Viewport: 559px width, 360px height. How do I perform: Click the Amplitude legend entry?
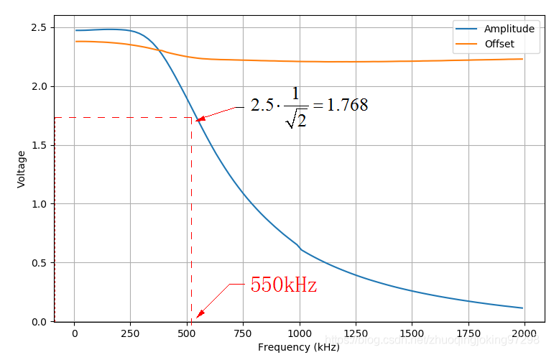509,29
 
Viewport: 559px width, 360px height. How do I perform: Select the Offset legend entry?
499,45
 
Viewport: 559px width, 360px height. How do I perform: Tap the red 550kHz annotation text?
283,285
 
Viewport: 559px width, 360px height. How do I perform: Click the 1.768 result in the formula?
347,105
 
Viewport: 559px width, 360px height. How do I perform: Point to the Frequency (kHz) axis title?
298,348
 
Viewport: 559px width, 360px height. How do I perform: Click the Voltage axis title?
21,169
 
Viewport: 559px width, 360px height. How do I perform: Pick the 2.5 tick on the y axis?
38,27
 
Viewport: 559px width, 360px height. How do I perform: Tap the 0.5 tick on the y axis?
38,263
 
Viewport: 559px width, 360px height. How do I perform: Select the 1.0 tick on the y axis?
38,204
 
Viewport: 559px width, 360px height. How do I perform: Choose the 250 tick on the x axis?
130,333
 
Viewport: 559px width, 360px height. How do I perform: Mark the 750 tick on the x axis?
243,333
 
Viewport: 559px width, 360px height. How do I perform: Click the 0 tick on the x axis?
74,333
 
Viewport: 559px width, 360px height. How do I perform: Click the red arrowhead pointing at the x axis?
200,314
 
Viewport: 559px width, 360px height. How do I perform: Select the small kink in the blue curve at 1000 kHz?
300,248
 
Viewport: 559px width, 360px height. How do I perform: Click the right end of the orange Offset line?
522,59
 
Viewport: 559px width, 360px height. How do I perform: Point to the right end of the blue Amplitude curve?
522,308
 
